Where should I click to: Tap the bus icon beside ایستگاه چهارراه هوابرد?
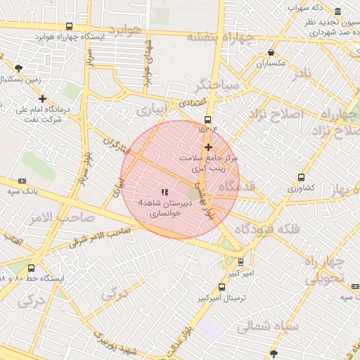click(x=68, y=26)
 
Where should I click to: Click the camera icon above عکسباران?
click(x=271, y=52)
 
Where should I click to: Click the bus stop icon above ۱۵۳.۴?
click(x=207, y=120)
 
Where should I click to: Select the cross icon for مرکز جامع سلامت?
click(x=208, y=146)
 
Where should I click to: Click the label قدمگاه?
click(x=236, y=186)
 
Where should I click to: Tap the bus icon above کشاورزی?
click(x=302, y=177)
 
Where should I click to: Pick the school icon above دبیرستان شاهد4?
click(x=165, y=192)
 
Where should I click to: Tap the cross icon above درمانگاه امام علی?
click(x=43, y=99)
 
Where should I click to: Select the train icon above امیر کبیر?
click(x=241, y=262)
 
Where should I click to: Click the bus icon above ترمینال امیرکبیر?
click(x=222, y=287)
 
